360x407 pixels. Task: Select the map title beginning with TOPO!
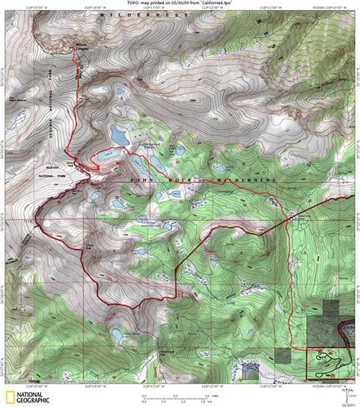click(180, 4)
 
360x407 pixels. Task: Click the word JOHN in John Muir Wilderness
click(145, 179)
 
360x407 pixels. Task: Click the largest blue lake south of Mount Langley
click(119, 135)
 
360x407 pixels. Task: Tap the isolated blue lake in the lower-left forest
click(117, 335)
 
